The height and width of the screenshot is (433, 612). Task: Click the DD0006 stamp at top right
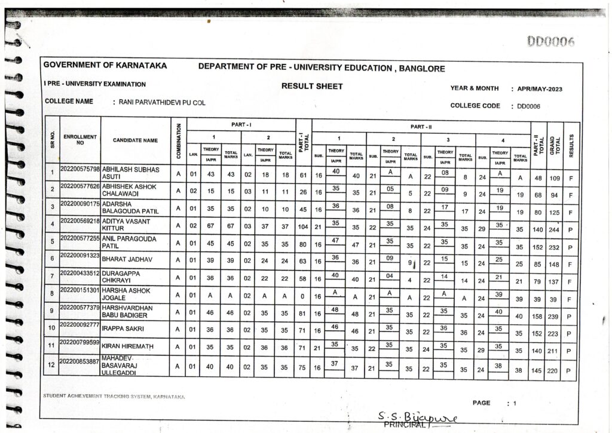[x=550, y=41]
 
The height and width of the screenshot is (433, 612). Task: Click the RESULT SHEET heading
[x=312, y=86]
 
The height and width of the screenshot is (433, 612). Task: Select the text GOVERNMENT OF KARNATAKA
[x=105, y=66]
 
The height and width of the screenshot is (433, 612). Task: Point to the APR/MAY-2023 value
[x=539, y=89]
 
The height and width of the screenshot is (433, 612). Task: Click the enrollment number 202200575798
[x=80, y=170]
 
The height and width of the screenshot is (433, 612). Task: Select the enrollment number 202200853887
[x=80, y=361]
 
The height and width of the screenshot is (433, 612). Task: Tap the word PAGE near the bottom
[x=481, y=403]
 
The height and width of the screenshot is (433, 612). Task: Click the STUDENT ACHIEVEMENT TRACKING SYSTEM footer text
[x=114, y=397]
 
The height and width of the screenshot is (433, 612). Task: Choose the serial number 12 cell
[x=52, y=366]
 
